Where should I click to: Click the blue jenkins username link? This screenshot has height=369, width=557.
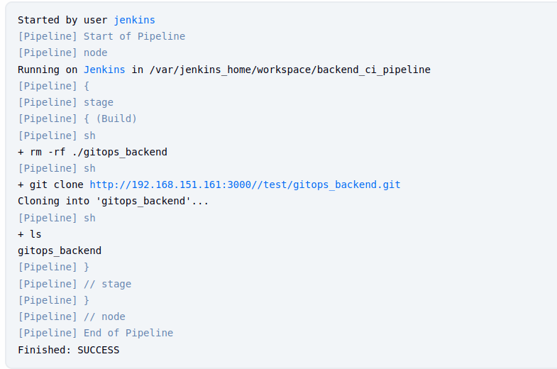point(134,20)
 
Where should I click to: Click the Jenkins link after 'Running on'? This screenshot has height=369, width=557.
point(104,70)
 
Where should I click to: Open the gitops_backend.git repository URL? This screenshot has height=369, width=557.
point(245,184)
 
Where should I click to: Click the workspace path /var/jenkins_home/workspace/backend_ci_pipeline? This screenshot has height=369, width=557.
point(290,70)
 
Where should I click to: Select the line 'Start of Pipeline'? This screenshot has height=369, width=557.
point(134,36)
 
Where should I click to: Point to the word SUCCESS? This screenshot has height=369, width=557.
point(98,350)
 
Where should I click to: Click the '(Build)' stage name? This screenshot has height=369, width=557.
point(116,119)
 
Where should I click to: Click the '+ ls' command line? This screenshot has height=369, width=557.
point(30,234)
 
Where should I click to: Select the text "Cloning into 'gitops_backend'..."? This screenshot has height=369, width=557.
point(114,201)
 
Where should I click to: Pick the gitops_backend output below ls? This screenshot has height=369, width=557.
point(60,250)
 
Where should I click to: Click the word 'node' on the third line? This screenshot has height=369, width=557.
point(95,53)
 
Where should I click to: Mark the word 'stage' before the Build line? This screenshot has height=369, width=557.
point(98,102)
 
